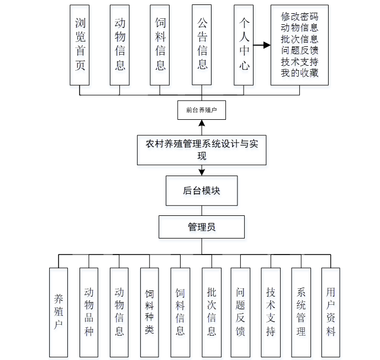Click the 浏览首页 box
pyautogui.click(x=80, y=45)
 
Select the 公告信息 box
pyautogui.click(x=202, y=45)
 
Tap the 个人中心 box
pyautogui.click(x=244, y=45)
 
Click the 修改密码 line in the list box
pyautogui.click(x=299, y=17)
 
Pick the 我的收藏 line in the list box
pyautogui.click(x=299, y=73)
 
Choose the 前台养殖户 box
pyautogui.click(x=202, y=110)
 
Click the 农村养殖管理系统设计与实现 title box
pyautogui.click(x=202, y=150)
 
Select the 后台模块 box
pyautogui.click(x=202, y=190)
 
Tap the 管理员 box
pyautogui.click(x=202, y=227)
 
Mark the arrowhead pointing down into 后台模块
pyautogui.click(x=202, y=172)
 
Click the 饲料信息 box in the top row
pyautogui.click(x=160, y=45)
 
